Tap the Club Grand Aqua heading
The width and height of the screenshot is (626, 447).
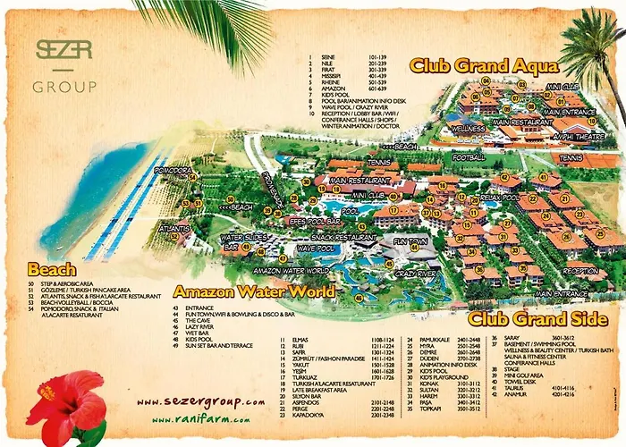[484, 65]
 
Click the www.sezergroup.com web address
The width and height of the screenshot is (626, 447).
[201, 402]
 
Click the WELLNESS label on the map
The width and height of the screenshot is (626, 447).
[469, 129]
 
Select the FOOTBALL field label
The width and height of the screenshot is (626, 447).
[469, 157]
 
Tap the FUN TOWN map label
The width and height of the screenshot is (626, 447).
[410, 242]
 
